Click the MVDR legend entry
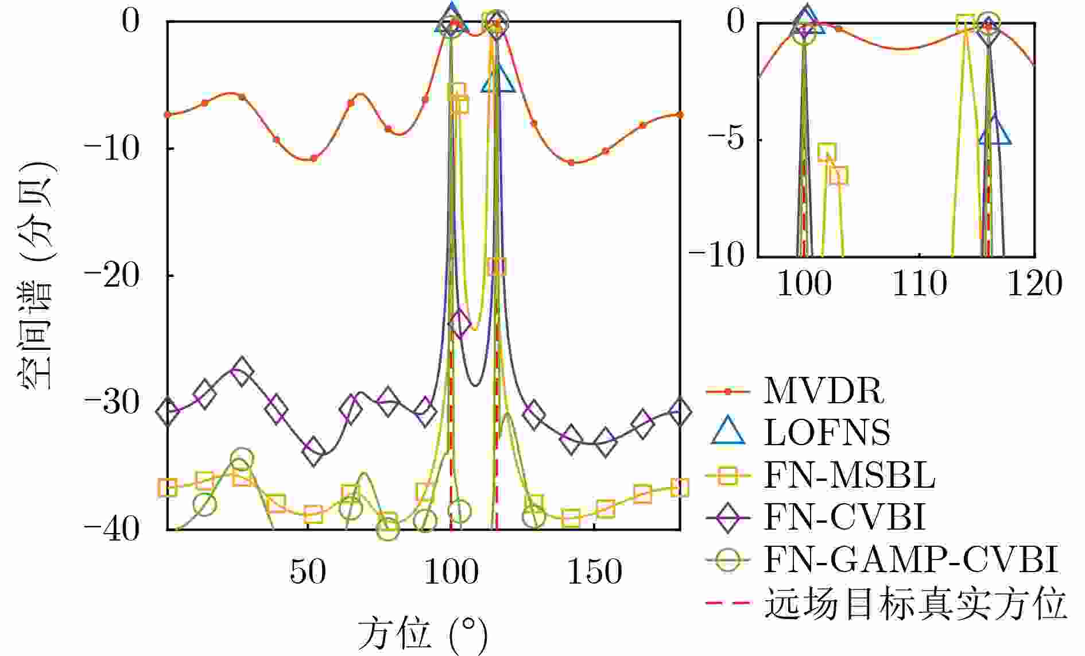pos(823,391)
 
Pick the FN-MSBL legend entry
pos(848,475)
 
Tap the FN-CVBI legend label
pos(844,517)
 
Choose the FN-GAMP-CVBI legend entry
pos(910,559)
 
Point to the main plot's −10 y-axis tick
pos(113,149)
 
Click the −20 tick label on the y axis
pos(113,276)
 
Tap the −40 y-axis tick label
pos(113,530)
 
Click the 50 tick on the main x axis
pos(308,572)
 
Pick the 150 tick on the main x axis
pos(594,572)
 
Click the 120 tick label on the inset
pos(1034,284)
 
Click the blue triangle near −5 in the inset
pos(995,132)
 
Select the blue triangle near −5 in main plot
pos(499,79)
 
